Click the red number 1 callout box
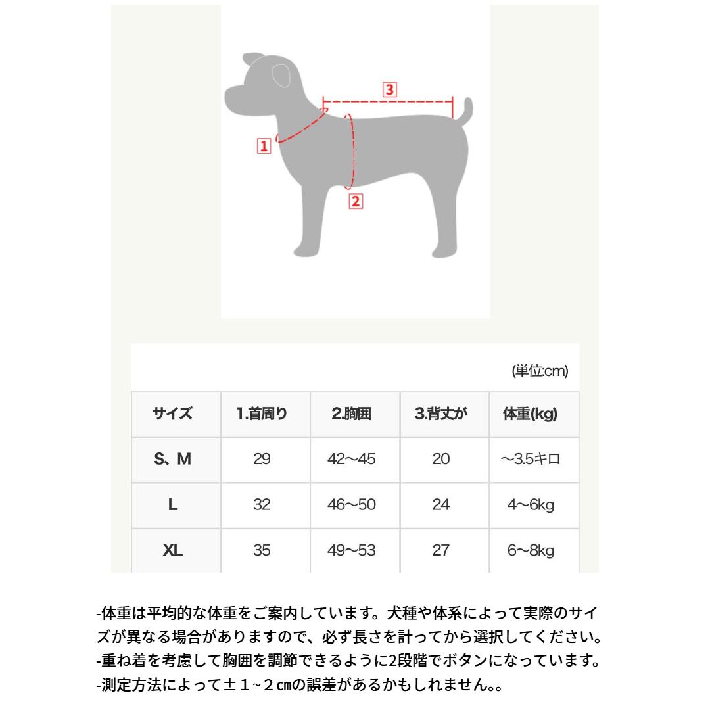click(264, 146)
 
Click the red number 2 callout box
click(356, 201)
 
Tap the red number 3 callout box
click(390, 90)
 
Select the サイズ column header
click(173, 414)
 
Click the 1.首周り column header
click(262, 414)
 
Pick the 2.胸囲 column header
click(352, 414)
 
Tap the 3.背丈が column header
click(441, 414)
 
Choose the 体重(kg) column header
click(531, 414)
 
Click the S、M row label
click(173, 459)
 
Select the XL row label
click(173, 550)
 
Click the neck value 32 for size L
click(262, 505)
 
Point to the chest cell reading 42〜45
click(352, 459)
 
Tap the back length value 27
click(441, 550)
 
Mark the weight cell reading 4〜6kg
click(531, 505)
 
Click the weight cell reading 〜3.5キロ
click(531, 459)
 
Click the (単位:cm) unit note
click(540, 371)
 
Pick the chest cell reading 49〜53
click(352, 550)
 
